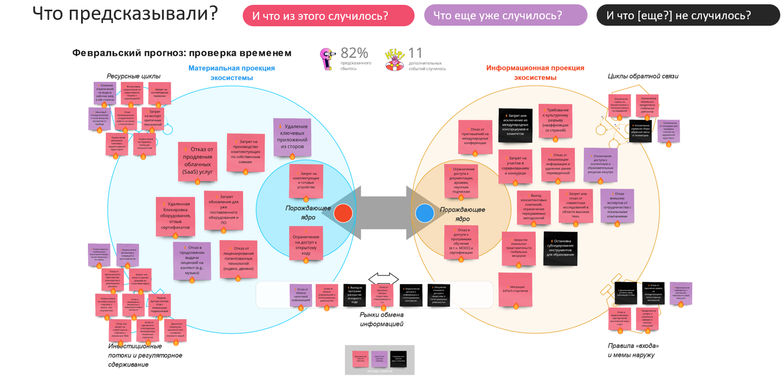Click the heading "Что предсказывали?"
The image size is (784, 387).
(x=125, y=13)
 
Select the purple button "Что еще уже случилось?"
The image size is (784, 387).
(x=505, y=15)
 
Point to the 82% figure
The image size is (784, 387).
(x=354, y=53)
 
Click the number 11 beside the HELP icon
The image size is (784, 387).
(x=415, y=53)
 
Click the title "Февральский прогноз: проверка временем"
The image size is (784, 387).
(x=182, y=53)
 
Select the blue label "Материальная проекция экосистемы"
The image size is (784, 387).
(x=231, y=73)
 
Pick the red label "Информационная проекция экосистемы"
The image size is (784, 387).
(x=535, y=73)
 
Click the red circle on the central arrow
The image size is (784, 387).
(x=343, y=213)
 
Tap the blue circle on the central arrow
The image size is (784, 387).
(x=424, y=213)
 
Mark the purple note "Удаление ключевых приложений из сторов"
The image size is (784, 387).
(x=292, y=137)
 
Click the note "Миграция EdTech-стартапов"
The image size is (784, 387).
(x=515, y=289)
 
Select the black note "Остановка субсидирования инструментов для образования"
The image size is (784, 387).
(x=560, y=248)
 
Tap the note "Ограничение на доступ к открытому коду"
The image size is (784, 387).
(x=306, y=243)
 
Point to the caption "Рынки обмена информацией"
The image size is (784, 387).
(x=381, y=319)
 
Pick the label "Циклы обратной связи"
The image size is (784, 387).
(x=643, y=76)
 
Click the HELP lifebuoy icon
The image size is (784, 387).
(x=395, y=59)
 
